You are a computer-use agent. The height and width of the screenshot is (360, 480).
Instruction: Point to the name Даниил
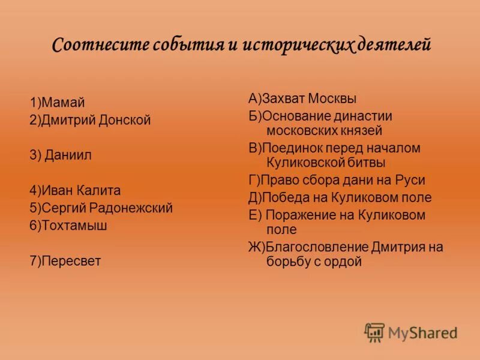point(70,155)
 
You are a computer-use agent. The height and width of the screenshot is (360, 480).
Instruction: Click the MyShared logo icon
point(374,332)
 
